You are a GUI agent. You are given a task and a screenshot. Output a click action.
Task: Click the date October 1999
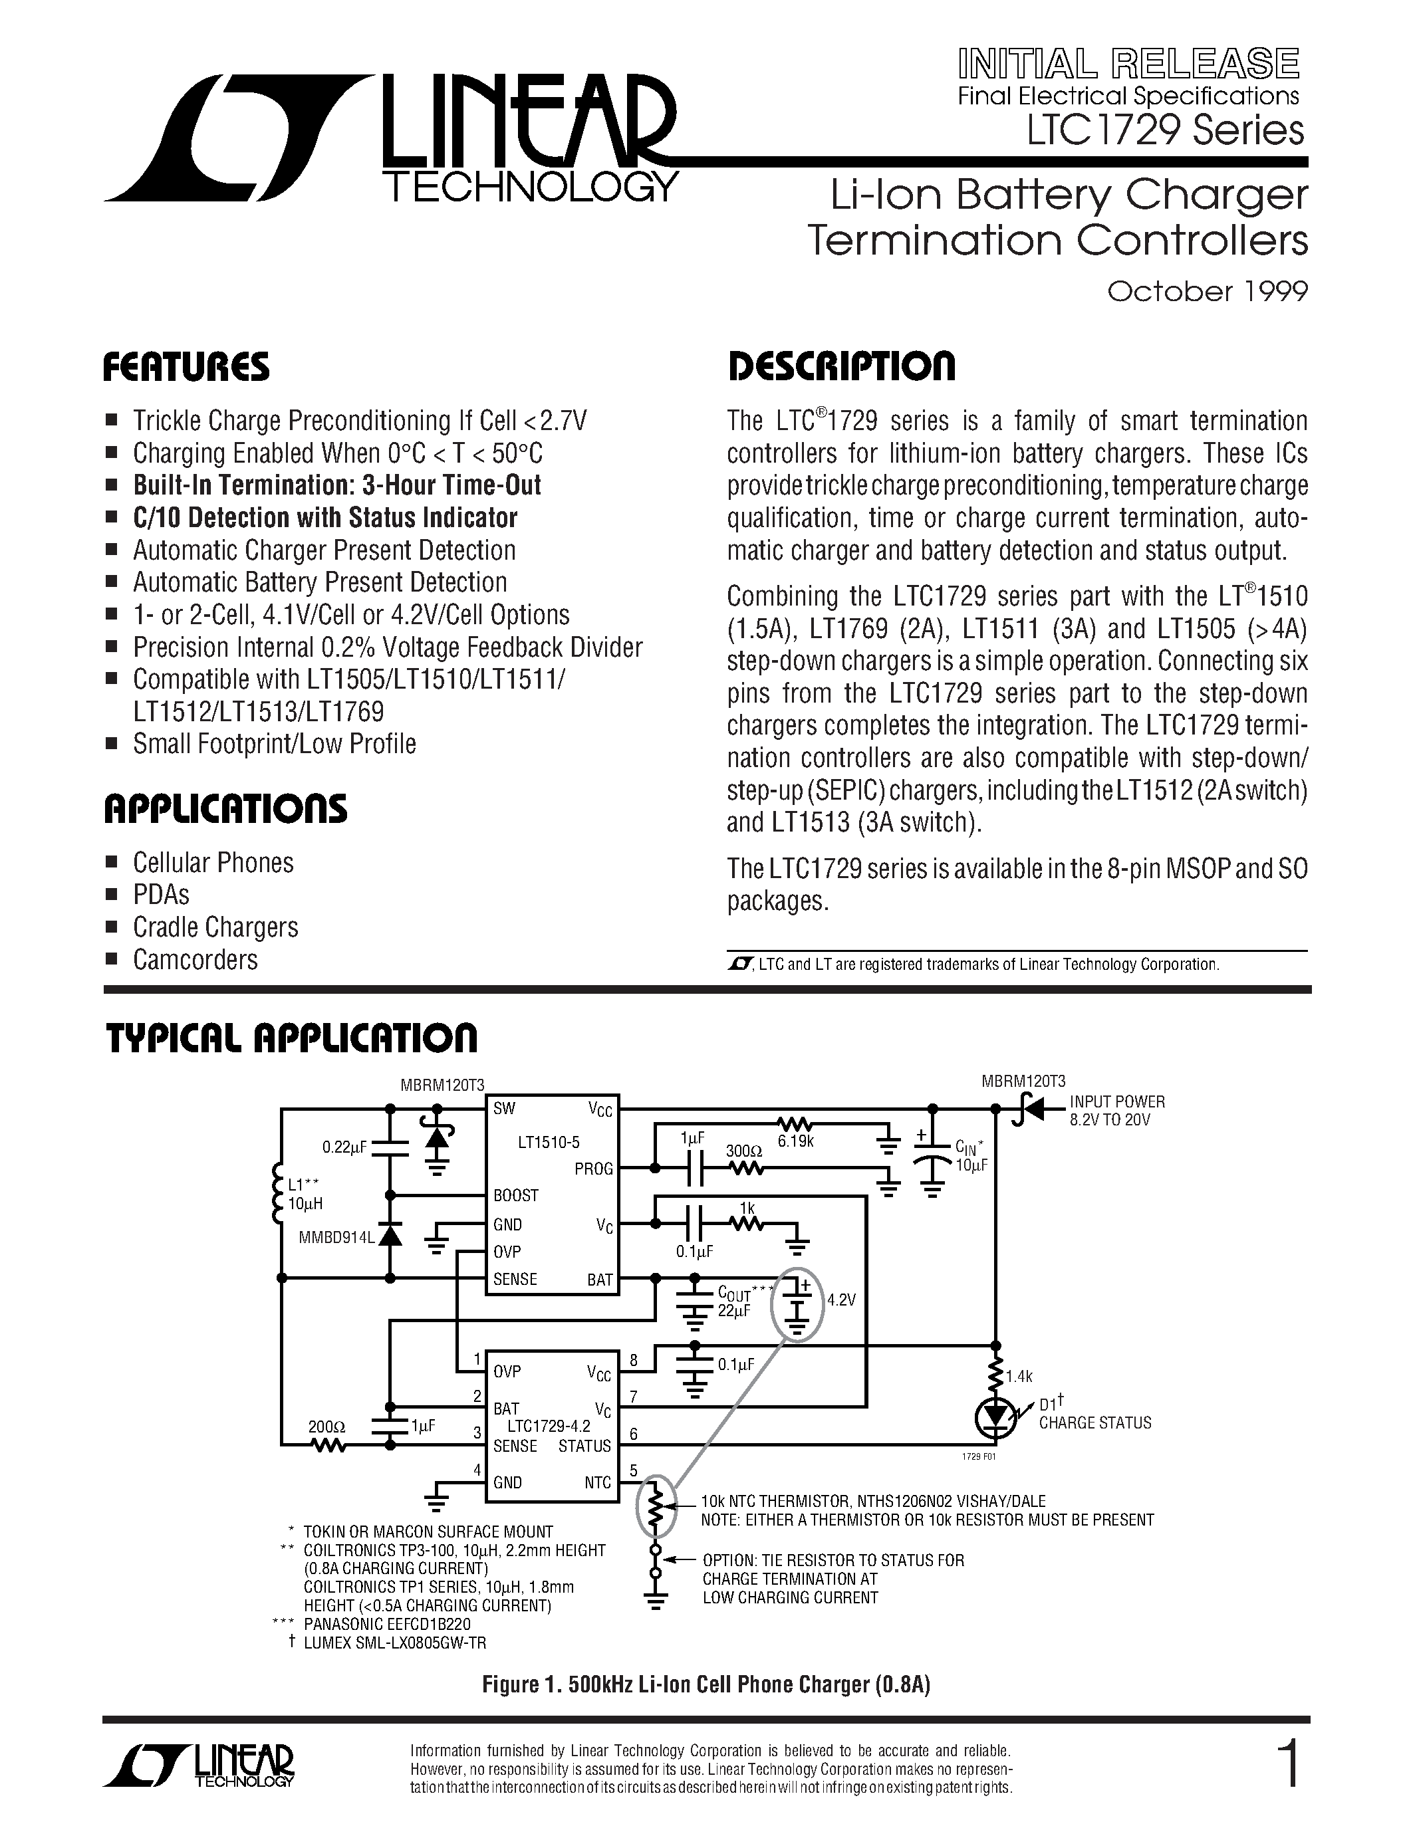pos(1206,291)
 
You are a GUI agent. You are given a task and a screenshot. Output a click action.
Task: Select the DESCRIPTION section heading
pos(840,368)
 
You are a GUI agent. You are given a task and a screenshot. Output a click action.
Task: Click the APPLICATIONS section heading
pos(225,808)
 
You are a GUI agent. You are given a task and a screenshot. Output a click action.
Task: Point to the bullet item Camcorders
pos(195,959)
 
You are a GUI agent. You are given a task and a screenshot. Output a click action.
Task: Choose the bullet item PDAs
pos(161,895)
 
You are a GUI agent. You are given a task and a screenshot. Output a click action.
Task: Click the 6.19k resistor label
pos(795,1140)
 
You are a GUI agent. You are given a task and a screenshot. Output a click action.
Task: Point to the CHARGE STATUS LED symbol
pos(995,1416)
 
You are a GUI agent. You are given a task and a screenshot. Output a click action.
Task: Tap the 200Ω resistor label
pos(326,1425)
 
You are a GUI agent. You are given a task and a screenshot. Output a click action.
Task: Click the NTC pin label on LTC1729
pos(598,1482)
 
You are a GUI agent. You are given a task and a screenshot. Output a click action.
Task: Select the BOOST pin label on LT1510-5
pos(515,1195)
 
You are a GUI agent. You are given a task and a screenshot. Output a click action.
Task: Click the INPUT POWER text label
pos(1116,1102)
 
